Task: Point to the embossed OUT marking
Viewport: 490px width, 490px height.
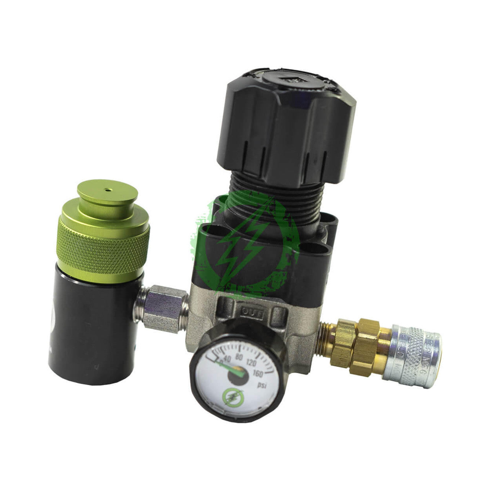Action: [x=251, y=313]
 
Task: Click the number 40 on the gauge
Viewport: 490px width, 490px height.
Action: [x=228, y=358]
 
